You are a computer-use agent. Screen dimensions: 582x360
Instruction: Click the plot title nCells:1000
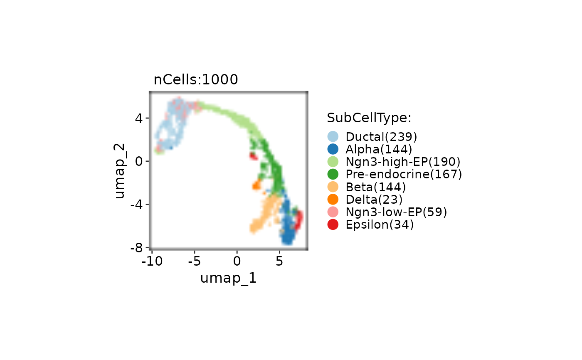pos(196,80)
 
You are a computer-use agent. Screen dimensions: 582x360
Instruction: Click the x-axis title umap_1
pos(228,279)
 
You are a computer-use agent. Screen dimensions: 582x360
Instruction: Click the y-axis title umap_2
pos(120,171)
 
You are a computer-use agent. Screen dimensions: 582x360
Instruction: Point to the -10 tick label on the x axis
pos(152,261)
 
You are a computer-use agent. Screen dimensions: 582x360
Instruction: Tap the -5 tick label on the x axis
pos(195,261)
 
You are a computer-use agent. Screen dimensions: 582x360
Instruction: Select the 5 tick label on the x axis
pos(279,261)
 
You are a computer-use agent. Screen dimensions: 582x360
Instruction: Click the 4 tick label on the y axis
pos(139,118)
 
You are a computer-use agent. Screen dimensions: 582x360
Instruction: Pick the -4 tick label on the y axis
pos(136,205)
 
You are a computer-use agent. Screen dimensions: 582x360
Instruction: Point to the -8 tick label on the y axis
pos(136,248)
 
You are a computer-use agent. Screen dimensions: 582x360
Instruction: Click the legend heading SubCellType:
pos(369,118)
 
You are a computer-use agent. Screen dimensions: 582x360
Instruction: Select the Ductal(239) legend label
pos(381,137)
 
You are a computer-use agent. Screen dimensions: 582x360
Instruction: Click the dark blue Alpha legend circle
pos(333,149)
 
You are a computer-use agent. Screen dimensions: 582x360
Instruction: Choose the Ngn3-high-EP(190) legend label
pos(403,162)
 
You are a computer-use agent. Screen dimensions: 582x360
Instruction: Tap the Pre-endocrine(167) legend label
pos(404,174)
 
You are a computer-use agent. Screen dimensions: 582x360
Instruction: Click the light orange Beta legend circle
pos(333,187)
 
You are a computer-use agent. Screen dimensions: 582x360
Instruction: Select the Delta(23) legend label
pos(374,200)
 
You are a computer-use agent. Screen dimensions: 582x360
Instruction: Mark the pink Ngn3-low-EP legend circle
pos(333,212)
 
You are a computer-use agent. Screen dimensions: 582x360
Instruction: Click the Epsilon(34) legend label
pos(380,224)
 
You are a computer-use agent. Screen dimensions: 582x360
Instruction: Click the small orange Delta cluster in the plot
pos(256,185)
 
